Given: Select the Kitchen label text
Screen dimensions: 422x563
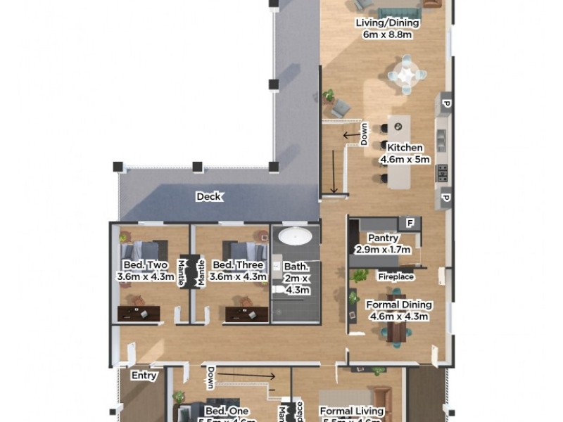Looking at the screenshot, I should [402, 148].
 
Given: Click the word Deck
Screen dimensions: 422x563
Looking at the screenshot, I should [208, 197].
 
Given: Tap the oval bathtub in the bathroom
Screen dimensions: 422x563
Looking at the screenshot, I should [293, 236].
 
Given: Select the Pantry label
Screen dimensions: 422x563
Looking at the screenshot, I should [382, 238].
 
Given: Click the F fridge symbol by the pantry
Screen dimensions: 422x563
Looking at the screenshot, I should [408, 223].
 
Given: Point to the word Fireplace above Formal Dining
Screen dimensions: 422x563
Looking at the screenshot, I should [395, 277].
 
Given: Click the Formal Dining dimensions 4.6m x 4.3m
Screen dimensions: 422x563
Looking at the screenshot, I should [398, 316].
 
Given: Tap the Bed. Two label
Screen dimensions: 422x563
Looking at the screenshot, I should [144, 265].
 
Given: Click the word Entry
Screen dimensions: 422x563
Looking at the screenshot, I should [144, 376].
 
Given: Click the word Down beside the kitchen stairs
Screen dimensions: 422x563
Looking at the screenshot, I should [364, 136].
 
